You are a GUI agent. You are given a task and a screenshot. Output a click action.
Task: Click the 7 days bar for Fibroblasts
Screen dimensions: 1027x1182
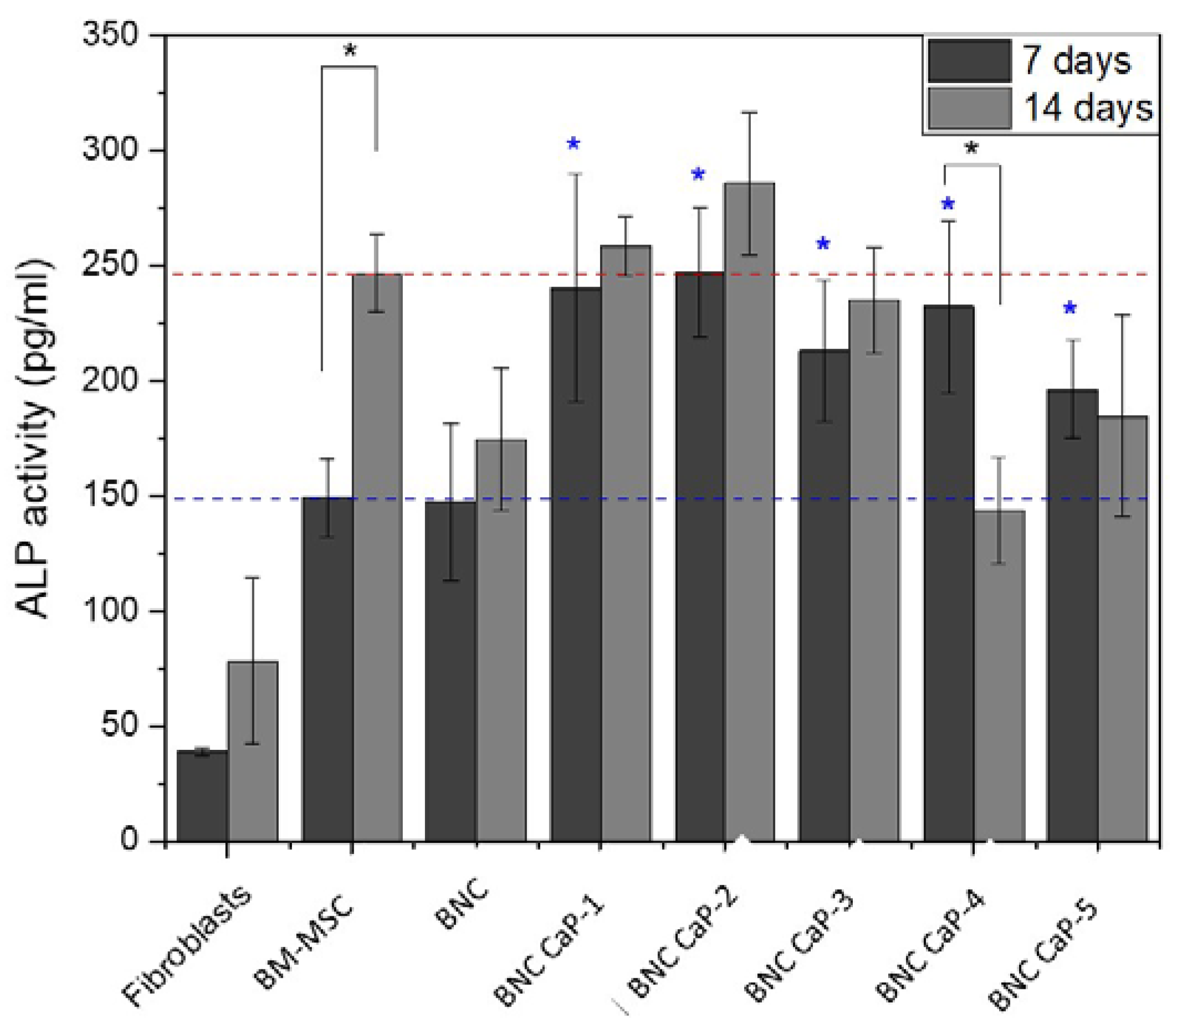pyautogui.click(x=202, y=796)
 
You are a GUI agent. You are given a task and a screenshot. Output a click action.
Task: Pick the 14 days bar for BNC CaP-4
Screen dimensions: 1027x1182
pyautogui.click(x=1000, y=676)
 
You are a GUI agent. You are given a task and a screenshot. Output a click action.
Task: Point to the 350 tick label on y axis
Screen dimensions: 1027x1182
pyautogui.click(x=111, y=35)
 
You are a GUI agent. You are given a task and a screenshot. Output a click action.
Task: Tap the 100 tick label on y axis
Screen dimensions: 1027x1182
pyautogui.click(x=111, y=611)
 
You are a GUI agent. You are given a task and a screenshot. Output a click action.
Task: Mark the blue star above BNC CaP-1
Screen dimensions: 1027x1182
pyautogui.click(x=574, y=144)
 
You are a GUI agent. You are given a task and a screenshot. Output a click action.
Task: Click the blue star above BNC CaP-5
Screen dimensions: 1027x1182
pyautogui.click(x=1070, y=308)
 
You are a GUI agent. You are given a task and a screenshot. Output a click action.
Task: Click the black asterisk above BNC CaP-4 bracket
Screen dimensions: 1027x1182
pyautogui.click(x=972, y=149)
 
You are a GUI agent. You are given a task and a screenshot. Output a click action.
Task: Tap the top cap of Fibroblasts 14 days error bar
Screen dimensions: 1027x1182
pyautogui.click(x=253, y=578)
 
